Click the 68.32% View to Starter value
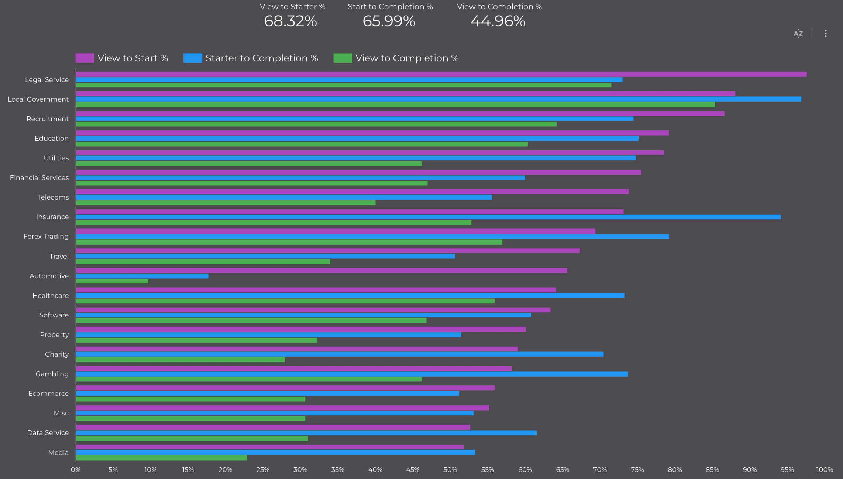290,21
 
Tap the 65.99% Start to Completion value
389,21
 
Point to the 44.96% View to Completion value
498,21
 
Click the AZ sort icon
798,34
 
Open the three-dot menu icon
825,34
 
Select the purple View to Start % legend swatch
85,58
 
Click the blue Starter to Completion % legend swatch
193,58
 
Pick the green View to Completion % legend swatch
343,58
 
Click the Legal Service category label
47,80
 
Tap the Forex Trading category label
46,237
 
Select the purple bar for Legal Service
441,74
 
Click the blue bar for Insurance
428,217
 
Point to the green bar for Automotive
112,281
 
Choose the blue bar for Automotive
142,276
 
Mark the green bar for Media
161,458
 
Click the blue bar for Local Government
438,99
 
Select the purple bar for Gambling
294,368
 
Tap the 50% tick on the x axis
450,470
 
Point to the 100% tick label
824,470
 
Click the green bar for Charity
180,360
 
